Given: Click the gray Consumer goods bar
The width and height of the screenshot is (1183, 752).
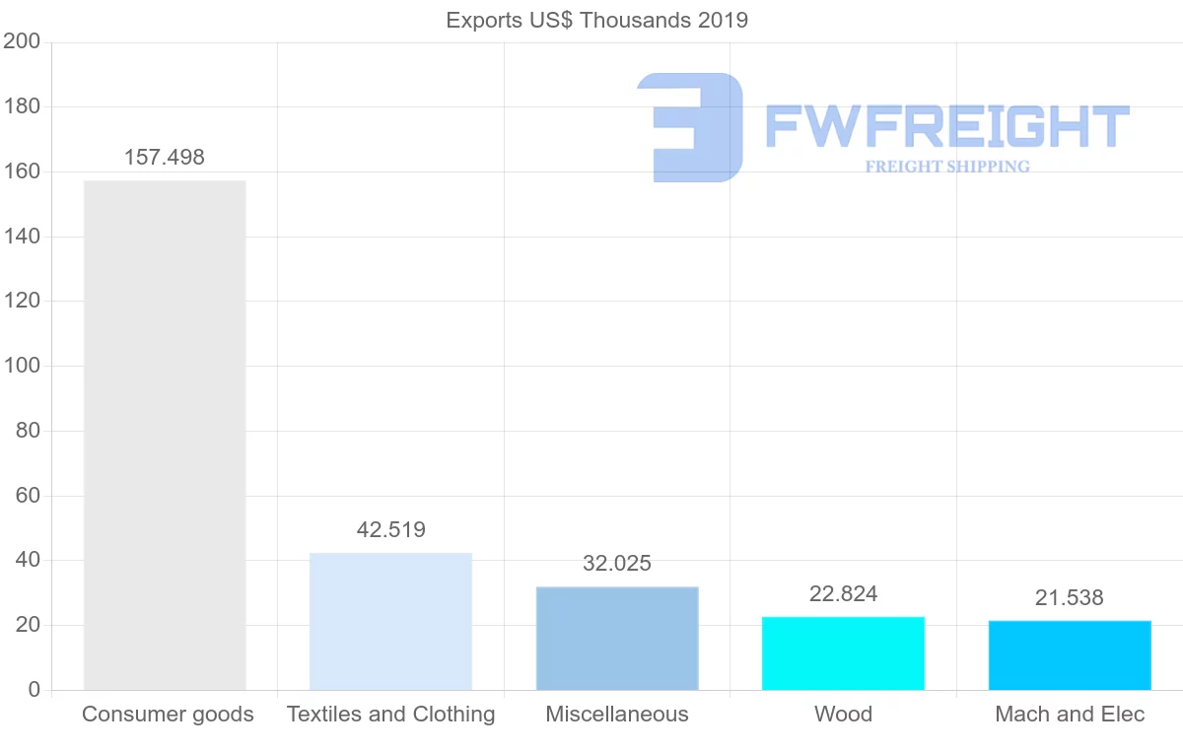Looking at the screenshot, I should pos(165,435).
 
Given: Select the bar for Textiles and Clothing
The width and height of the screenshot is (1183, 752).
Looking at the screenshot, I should pos(390,621).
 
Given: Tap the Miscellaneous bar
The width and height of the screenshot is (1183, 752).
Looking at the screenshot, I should pos(617,638).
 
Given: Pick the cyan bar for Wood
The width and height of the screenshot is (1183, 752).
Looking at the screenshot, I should pos(843,652).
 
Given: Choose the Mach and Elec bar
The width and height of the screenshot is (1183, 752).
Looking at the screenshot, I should pos(1070,654).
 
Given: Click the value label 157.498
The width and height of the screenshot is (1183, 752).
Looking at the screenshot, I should pos(165,158).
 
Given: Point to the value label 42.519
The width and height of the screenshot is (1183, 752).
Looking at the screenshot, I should pos(391,530).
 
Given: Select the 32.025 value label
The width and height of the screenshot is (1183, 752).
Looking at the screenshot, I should pos(617,564).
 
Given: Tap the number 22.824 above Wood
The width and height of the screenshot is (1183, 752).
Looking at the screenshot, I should pos(843,593).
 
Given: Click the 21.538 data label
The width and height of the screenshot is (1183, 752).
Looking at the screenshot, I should pos(1070,597).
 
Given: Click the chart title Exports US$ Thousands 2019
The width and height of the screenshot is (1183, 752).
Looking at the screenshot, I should pos(597,20).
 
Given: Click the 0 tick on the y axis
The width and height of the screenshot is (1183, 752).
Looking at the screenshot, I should pos(35,690).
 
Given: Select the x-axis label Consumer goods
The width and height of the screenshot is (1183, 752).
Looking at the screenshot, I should pos(168,715).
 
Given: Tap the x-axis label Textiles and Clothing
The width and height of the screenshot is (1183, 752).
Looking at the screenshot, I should pos(391,715).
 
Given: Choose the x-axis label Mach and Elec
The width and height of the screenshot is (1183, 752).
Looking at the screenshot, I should pos(1070,715).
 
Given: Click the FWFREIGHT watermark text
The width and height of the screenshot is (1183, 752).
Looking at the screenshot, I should pos(946,126).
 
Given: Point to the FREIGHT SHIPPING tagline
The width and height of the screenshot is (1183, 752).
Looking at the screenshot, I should pos(947,167).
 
